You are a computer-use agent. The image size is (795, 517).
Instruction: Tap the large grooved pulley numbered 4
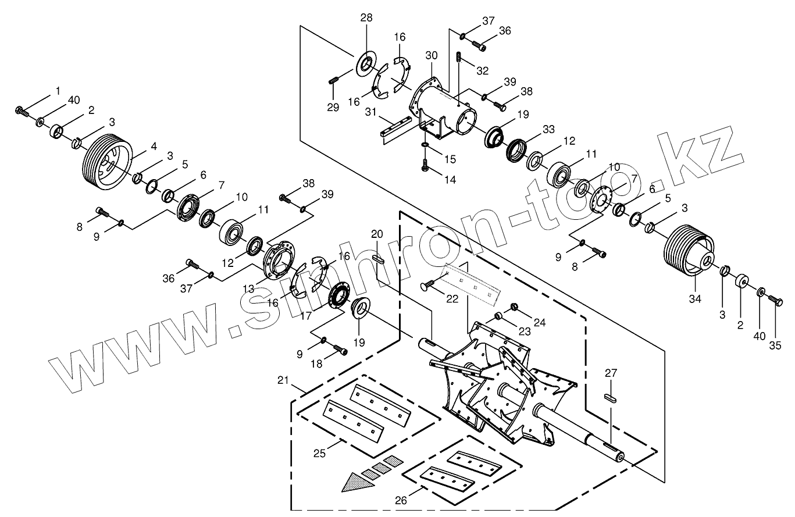(x=105, y=161)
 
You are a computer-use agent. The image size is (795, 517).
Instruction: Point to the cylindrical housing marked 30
(x=445, y=110)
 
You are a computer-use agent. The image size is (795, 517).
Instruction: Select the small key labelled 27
(x=610, y=398)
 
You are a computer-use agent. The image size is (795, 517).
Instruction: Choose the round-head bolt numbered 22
(x=428, y=285)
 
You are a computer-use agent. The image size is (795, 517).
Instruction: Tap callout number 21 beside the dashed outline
(x=284, y=380)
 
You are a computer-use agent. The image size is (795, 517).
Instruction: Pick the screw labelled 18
(x=341, y=351)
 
